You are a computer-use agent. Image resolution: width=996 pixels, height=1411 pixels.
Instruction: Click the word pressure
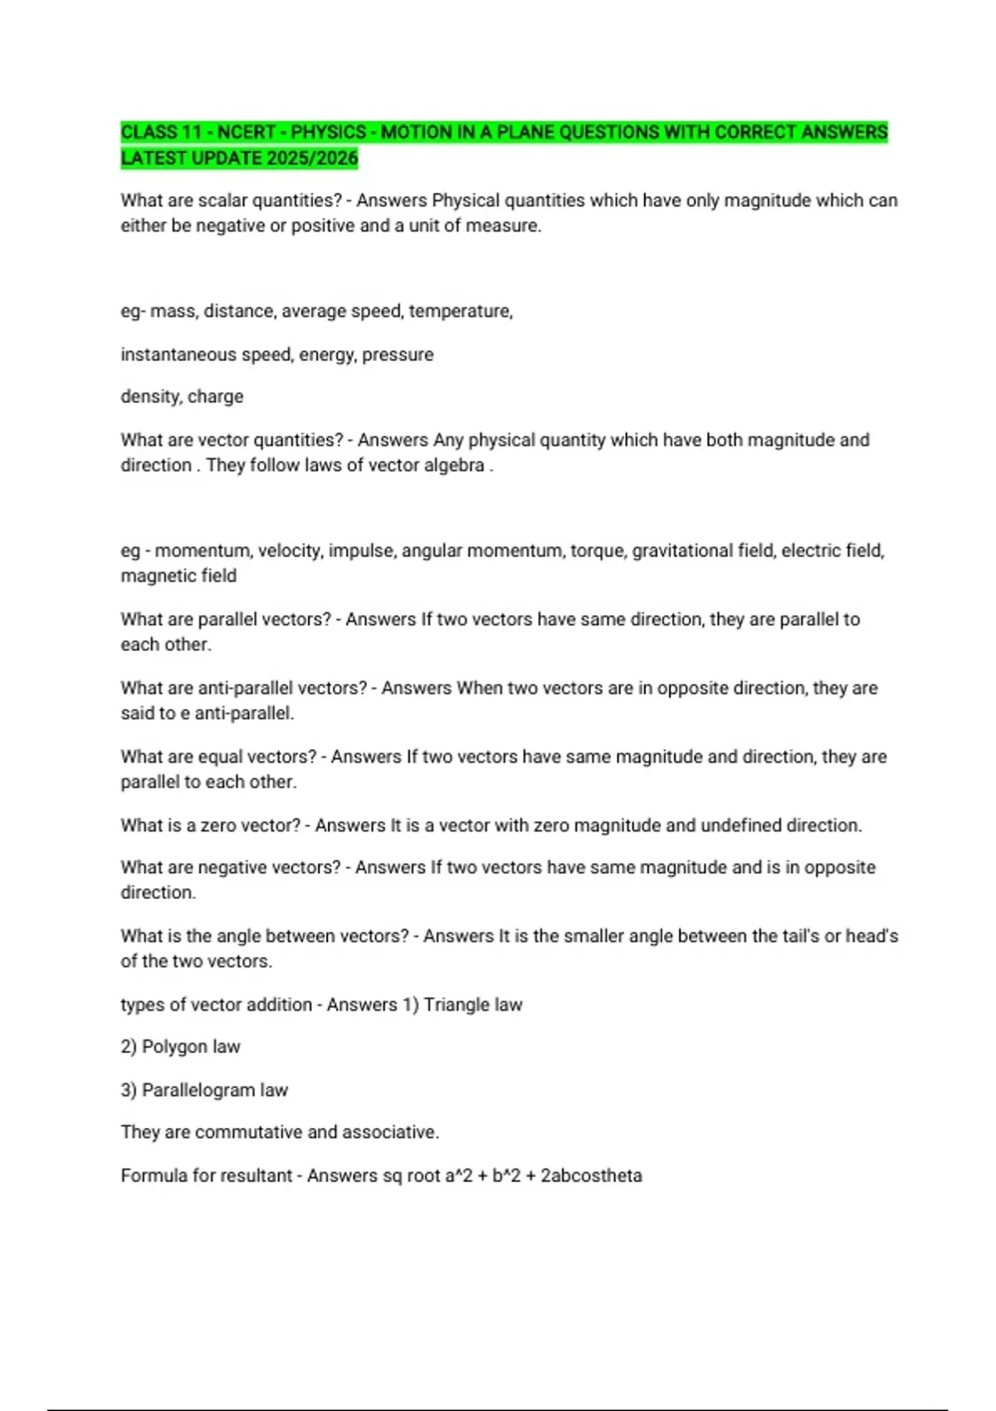[x=398, y=354]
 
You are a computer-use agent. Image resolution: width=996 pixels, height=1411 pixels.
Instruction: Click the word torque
[x=597, y=551]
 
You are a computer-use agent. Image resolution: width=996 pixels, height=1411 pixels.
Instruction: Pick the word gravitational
[x=681, y=551]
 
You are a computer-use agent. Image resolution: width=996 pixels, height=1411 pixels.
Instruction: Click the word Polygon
[x=174, y=1047]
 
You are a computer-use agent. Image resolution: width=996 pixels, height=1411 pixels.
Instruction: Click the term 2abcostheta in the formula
[x=591, y=1176]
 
